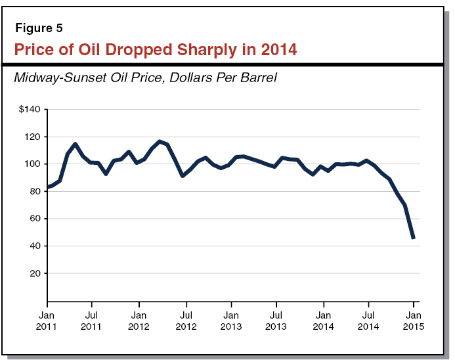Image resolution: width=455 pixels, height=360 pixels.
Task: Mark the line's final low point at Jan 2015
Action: [x=414, y=238]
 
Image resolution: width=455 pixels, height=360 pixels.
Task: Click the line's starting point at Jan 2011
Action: [x=47, y=189]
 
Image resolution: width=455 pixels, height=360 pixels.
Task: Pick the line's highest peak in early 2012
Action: [x=160, y=141]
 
